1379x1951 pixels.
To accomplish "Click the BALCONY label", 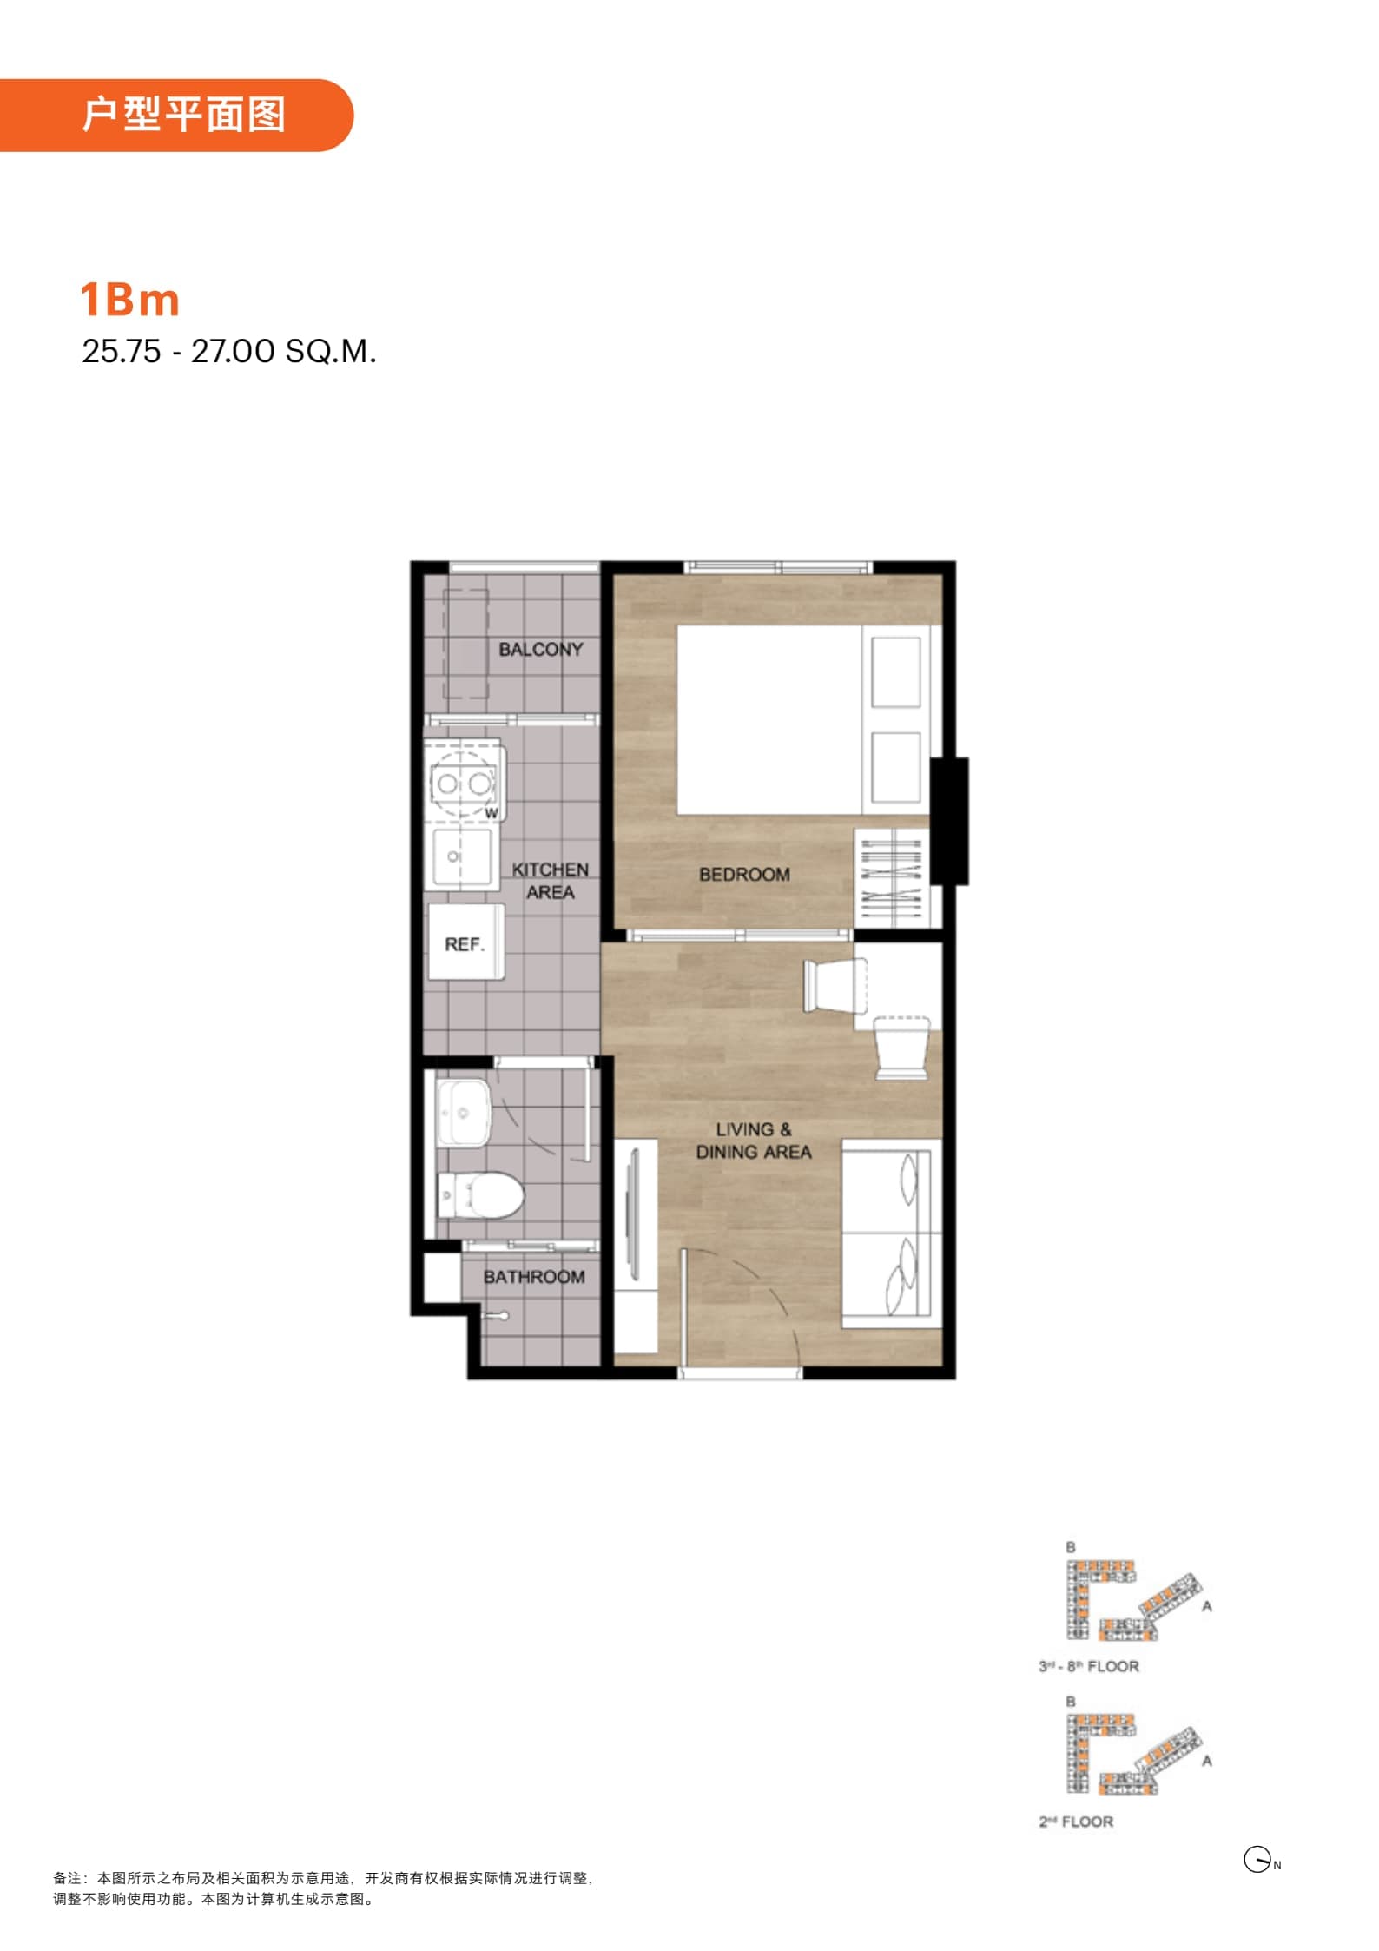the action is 540,650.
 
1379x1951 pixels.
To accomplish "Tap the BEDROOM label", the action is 744,875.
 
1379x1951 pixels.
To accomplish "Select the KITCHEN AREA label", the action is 550,881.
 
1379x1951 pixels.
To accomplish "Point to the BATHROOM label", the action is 534,1277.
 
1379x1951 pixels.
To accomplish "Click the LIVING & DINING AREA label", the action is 753,1141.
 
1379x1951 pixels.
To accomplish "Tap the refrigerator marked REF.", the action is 466,942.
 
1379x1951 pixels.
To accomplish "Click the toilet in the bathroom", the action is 479,1195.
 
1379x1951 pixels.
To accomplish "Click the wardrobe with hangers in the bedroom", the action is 892,877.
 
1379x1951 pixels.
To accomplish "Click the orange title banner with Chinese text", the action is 176,115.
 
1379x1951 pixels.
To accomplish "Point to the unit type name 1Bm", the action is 130,300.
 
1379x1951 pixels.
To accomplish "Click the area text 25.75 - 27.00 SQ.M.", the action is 229,351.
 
